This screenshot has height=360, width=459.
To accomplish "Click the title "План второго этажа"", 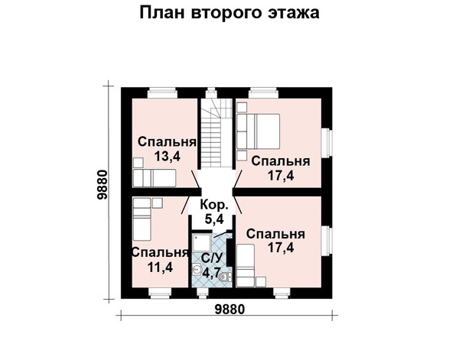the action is [229, 14].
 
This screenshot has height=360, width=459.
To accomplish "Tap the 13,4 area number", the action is [168, 157].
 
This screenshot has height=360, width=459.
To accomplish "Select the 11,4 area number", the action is [160, 268].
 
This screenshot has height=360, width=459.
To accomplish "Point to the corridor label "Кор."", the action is [214, 205].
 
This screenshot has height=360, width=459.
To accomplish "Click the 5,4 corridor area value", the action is [214, 219].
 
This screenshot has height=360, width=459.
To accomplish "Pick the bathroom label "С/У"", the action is [213, 258].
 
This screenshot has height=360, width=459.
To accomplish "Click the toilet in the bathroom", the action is [226, 277].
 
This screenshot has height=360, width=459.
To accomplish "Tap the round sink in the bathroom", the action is [197, 269].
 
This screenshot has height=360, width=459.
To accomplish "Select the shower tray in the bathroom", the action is [202, 242].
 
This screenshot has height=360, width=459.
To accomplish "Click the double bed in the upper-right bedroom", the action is [259, 131].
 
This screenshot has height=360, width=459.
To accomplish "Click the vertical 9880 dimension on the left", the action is [103, 184].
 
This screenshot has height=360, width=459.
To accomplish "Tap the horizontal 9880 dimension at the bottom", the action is [229, 309].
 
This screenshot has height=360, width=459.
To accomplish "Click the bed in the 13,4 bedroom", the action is [155, 178].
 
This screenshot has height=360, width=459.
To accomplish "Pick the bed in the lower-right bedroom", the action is [246, 265].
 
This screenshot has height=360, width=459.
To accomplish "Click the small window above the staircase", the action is [211, 93].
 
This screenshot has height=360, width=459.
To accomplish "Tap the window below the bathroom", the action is [202, 293].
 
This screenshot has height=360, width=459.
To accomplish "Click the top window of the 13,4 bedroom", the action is [162, 93].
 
